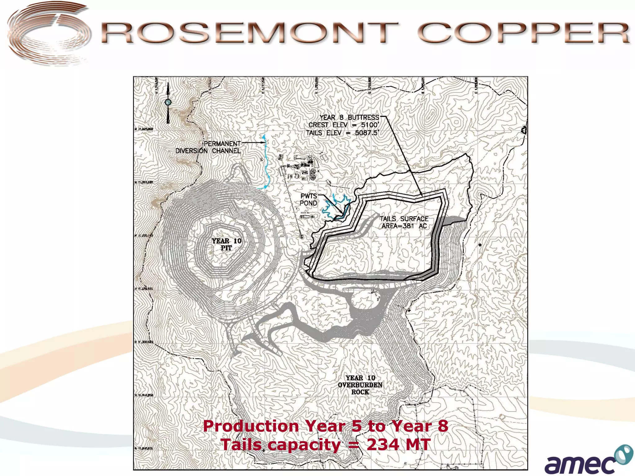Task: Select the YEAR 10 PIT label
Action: (226, 245)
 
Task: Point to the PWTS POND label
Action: (309, 200)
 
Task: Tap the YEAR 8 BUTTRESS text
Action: (349, 117)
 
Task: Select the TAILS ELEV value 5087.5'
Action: (367, 133)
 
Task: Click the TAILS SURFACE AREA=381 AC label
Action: (404, 223)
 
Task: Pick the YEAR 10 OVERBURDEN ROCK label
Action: (360, 385)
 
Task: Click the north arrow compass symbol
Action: (168, 102)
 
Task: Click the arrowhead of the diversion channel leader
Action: (264, 143)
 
